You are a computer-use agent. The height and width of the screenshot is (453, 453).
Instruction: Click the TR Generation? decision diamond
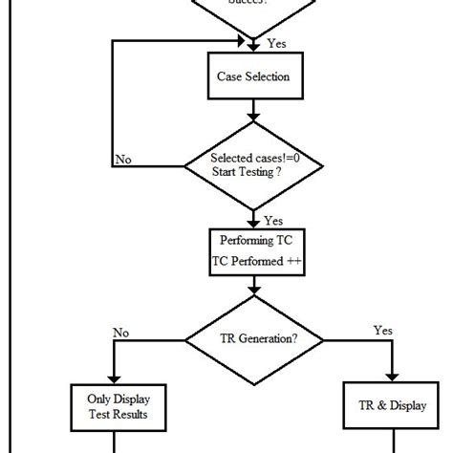click(x=254, y=337)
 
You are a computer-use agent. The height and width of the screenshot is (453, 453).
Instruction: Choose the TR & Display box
click(x=393, y=406)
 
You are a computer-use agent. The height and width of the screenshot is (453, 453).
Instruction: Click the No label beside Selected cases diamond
click(x=123, y=159)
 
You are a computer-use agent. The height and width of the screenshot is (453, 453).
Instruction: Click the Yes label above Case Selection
click(x=275, y=44)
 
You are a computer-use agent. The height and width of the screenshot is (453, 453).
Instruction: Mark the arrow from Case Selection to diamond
click(x=254, y=113)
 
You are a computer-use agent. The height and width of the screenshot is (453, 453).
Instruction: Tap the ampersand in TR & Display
click(x=384, y=406)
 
